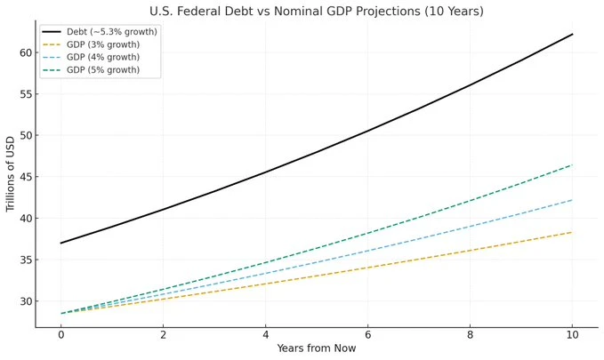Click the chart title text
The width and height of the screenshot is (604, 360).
[x=318, y=12]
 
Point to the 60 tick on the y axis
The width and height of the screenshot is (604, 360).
[x=25, y=52]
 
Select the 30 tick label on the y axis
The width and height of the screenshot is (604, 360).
[x=25, y=301]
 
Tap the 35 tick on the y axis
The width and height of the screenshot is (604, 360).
[x=25, y=260]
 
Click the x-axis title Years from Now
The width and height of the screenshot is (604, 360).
[x=316, y=348]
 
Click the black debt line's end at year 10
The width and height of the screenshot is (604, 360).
[x=572, y=34]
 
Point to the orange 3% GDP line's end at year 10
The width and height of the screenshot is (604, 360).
[x=572, y=232]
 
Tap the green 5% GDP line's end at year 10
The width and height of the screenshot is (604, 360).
[x=572, y=164]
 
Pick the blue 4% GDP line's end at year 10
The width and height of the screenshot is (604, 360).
[x=572, y=200]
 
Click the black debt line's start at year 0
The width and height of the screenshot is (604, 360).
[x=61, y=243]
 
